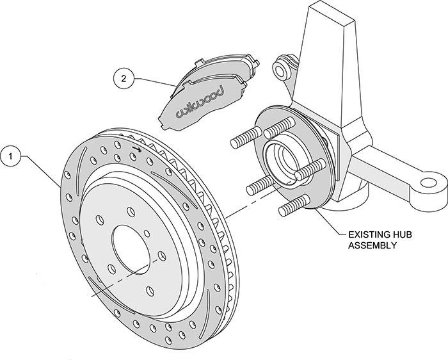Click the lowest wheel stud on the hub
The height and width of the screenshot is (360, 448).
pyautogui.click(x=291, y=208)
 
